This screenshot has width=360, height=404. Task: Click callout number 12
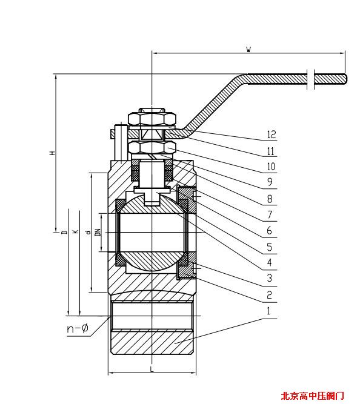tap(272, 134)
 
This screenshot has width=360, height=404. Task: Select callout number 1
tap(268, 311)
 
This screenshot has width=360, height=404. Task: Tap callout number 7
tap(270, 214)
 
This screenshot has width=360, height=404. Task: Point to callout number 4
tap(270, 262)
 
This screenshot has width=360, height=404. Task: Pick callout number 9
tap(270, 182)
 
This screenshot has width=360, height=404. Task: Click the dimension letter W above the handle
tap(248, 49)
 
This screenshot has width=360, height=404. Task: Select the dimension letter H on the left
tap(53, 153)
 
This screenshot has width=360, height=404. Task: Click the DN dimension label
tap(98, 233)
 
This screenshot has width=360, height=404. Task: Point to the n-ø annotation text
tap(78, 328)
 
